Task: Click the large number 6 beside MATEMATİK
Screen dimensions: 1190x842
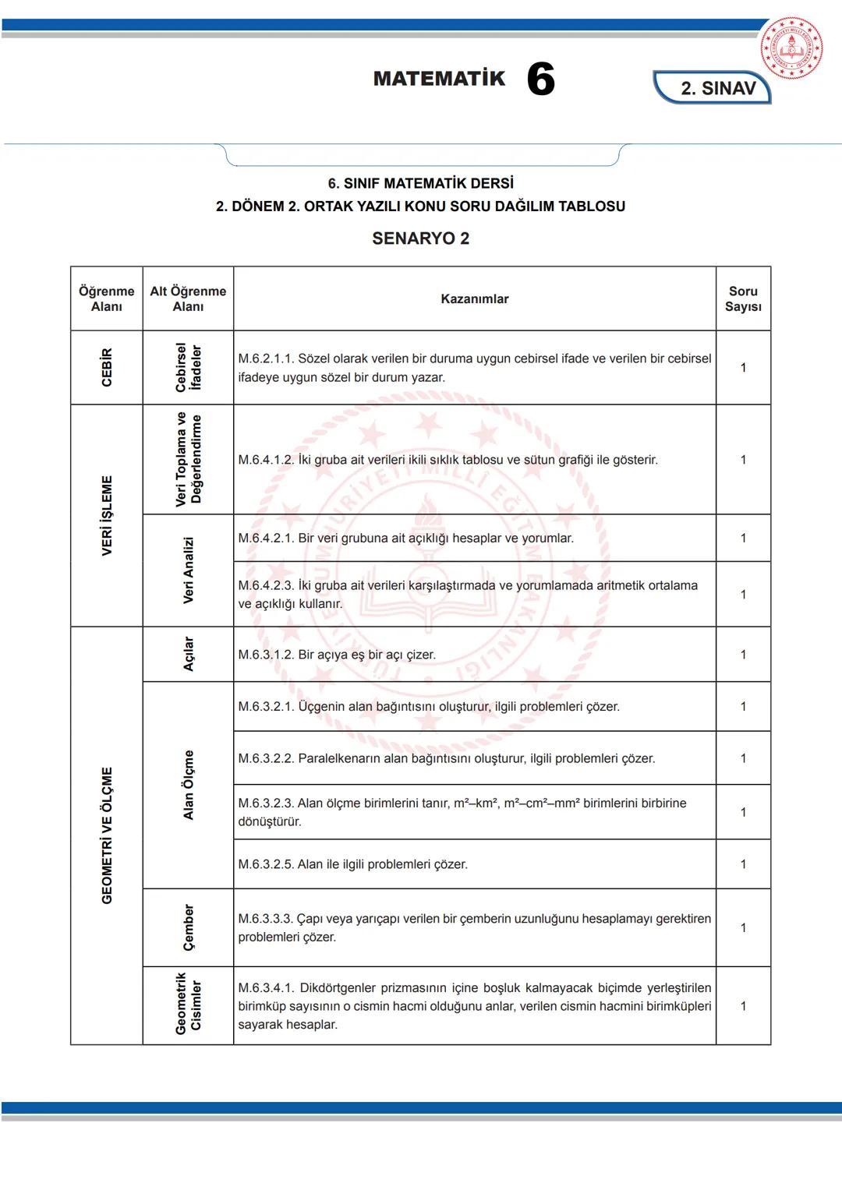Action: (x=540, y=79)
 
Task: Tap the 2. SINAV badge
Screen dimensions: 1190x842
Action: (x=717, y=88)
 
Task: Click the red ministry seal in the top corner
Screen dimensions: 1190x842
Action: (x=791, y=48)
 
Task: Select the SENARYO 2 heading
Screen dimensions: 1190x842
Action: (x=420, y=238)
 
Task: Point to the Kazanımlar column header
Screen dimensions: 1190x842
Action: (x=474, y=299)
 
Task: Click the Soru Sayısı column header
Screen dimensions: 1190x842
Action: (x=743, y=299)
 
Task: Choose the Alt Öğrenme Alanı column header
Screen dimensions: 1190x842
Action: (x=188, y=299)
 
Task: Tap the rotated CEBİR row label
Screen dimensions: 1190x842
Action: (x=107, y=368)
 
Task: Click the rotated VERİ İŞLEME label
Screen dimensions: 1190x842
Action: (x=107, y=515)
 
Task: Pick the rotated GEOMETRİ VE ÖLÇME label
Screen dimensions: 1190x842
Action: (x=107, y=835)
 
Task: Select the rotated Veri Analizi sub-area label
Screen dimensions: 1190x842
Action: (x=188, y=570)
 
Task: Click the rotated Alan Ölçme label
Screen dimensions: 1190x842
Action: (x=188, y=785)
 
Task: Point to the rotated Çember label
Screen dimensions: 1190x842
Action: (x=188, y=927)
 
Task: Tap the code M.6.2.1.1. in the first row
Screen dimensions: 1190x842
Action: (x=266, y=358)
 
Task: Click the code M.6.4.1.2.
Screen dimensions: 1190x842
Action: (x=266, y=460)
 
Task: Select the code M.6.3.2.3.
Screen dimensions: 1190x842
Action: (x=266, y=803)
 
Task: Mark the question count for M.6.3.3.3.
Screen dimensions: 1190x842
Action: (x=743, y=927)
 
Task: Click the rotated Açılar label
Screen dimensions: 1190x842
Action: (x=188, y=654)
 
